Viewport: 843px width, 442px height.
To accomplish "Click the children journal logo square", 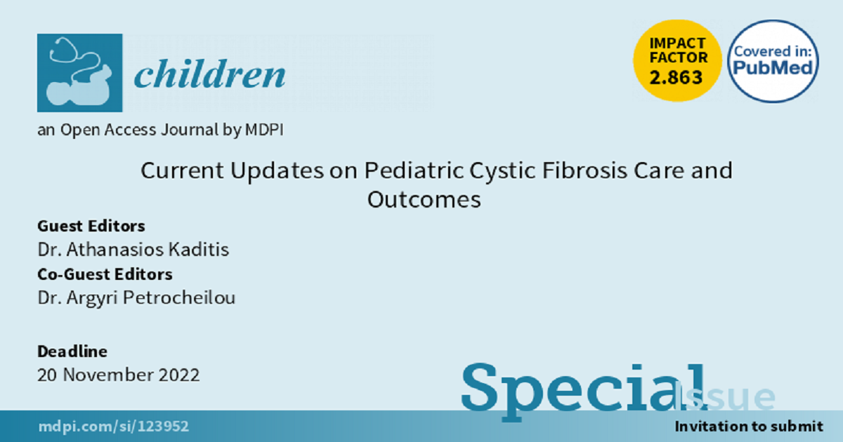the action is [80, 73].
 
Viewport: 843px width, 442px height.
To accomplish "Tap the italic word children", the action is [209, 74].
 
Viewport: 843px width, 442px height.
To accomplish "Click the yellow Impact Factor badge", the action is [677, 61].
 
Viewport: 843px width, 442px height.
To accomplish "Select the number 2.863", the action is [676, 78].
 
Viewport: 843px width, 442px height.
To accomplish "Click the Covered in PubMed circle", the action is [773, 61].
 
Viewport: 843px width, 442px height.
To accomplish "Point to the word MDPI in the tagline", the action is [264, 130].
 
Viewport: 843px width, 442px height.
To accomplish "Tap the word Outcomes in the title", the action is [424, 199].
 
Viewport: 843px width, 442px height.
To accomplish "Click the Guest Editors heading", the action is [91, 226].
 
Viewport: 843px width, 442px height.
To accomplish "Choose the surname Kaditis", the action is [198, 250].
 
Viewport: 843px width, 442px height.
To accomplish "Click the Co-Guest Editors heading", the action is [105, 274].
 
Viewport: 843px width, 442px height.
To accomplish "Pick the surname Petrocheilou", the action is [179, 297].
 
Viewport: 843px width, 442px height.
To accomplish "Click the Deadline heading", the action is [72, 351].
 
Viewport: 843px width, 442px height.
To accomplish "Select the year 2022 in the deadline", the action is [178, 375].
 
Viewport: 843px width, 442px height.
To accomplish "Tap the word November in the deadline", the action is [107, 375].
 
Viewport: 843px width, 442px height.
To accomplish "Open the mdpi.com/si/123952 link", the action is [114, 427].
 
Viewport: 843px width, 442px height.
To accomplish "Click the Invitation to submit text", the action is [749, 427].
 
